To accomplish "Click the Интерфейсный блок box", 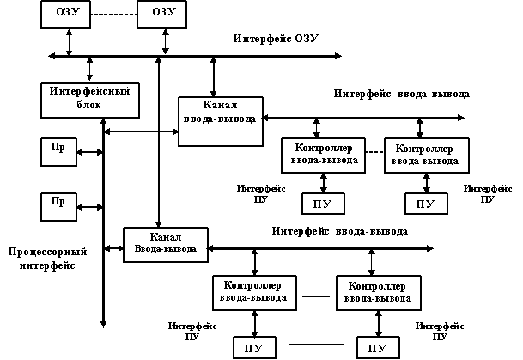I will pos(76,98).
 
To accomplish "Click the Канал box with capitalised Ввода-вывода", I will pos(166,242).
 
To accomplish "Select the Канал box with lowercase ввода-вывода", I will pos(219,118).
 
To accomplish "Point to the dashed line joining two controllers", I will pos(374,152).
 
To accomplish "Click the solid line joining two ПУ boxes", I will pos(317,345).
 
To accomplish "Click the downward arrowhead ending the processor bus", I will pos(103,324).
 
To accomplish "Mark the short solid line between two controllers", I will pos(315,297).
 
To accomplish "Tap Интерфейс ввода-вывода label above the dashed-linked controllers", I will pos(402,94).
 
